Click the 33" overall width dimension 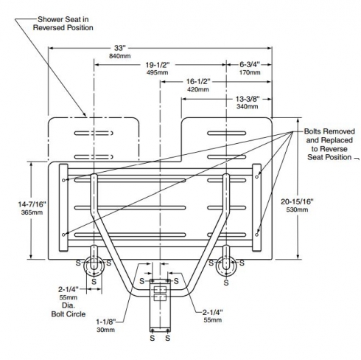[x=119, y=48]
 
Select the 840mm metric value [x=120, y=56]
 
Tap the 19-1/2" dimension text [x=158, y=65]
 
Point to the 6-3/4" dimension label [x=250, y=65]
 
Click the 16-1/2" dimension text [x=198, y=81]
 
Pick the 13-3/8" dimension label [x=248, y=99]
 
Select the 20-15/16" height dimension [x=297, y=201]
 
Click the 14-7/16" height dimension [x=32, y=204]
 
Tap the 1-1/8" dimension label [x=105, y=322]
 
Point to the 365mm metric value [x=32, y=212]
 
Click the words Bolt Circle [x=69, y=314]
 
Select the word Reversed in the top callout [x=46, y=27]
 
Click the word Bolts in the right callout [x=312, y=131]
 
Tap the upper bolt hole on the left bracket [x=63, y=180]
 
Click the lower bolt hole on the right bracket [x=256, y=235]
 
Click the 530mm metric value [x=297, y=210]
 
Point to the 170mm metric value [x=250, y=72]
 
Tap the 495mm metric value [x=158, y=72]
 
